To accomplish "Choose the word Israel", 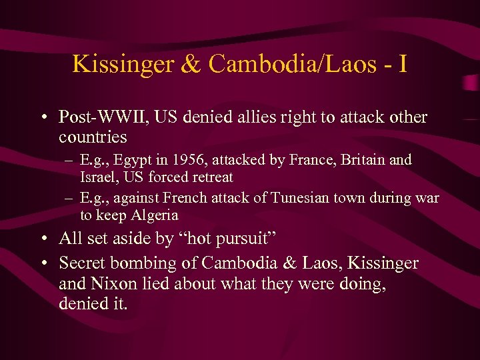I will (97, 177).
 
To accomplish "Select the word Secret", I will (81, 263).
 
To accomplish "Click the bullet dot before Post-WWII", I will (42, 119).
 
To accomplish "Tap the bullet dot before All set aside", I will (42, 239).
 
